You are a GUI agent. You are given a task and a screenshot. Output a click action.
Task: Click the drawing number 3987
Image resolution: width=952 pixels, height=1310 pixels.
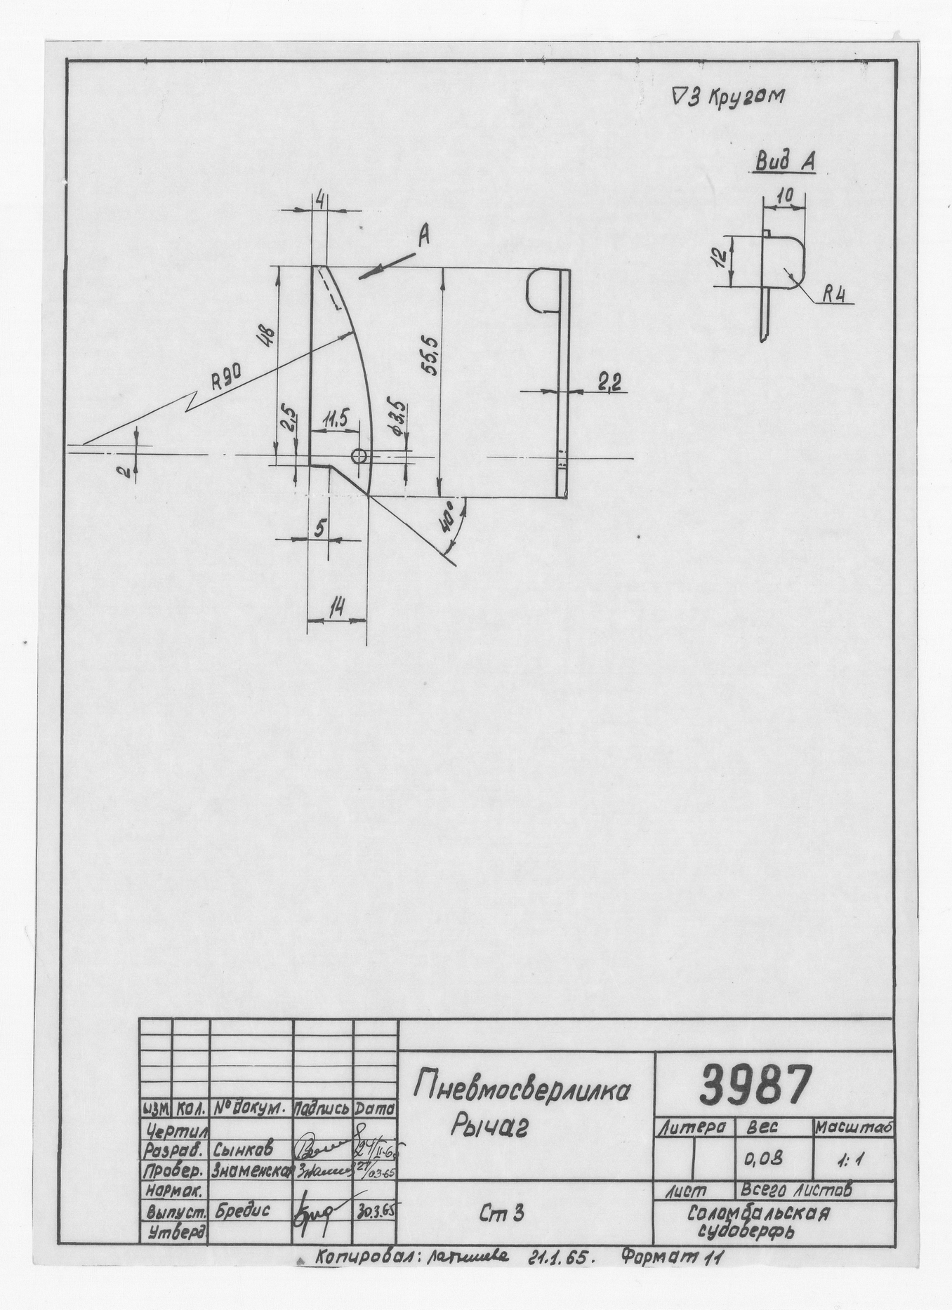755,1085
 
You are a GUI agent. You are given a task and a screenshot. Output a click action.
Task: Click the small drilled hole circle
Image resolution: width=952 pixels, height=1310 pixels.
359,456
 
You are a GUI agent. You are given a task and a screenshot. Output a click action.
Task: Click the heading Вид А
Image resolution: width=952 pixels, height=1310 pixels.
785,163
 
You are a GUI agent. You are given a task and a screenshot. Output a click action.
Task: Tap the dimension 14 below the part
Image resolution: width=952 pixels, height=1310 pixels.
338,610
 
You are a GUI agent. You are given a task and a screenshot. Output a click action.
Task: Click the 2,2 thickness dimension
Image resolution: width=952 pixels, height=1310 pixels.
609,382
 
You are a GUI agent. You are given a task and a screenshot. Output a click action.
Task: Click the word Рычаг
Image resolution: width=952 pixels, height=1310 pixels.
489,1128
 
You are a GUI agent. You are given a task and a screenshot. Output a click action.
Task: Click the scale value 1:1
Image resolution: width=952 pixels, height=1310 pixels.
850,1161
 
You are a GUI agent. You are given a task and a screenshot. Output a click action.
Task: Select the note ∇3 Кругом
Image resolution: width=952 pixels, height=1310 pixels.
727,98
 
